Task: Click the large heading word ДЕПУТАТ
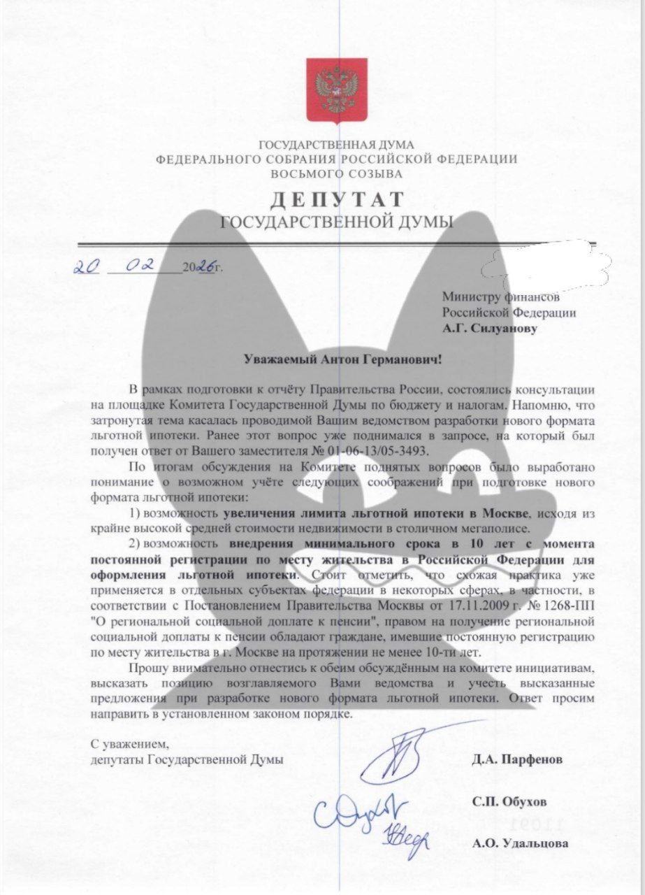click(337, 200)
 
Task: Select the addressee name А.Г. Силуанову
click(490, 327)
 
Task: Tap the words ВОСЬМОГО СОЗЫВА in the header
click(336, 173)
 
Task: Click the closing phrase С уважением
click(130, 745)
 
